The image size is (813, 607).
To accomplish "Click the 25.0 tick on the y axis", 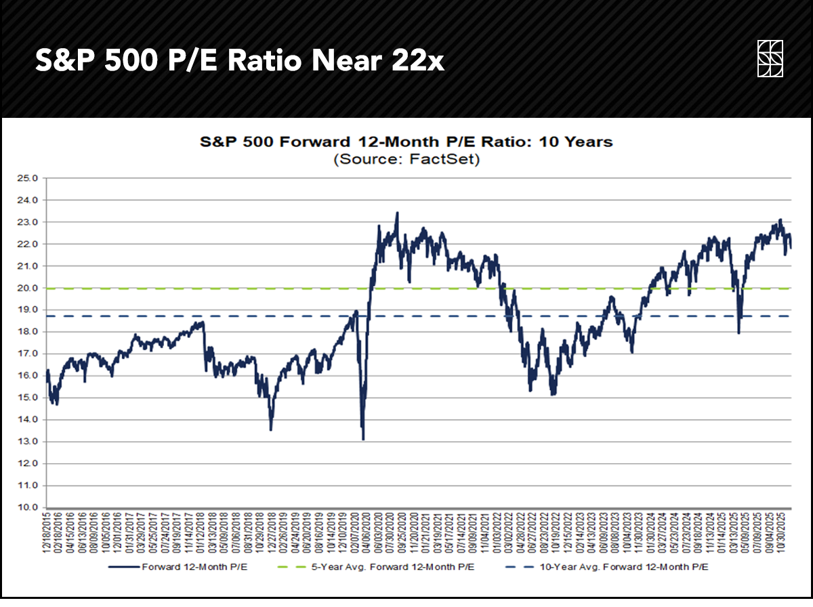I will (31, 179).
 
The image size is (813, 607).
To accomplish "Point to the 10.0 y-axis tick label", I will (31, 508).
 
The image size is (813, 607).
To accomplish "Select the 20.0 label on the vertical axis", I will (31, 289).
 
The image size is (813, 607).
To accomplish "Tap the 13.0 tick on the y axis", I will (31, 442).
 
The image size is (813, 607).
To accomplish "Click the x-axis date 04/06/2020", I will (362, 532).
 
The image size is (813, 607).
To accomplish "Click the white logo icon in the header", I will (770, 58).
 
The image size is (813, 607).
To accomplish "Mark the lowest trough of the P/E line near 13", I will (364, 440).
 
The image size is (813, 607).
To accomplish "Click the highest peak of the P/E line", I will (397, 213).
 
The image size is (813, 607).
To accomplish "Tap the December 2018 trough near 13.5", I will (271, 430).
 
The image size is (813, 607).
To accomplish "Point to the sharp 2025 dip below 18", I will (738, 333).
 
